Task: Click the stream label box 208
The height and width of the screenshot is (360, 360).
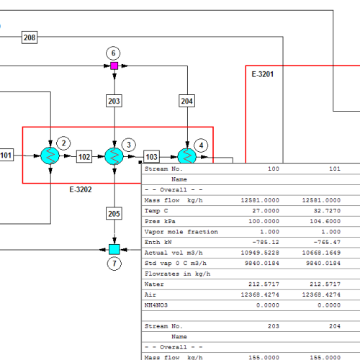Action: click(x=30, y=37)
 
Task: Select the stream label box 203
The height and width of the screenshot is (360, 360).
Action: click(x=114, y=101)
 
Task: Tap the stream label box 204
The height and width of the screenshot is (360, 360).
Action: click(x=187, y=101)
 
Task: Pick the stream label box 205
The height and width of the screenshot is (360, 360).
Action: click(x=114, y=213)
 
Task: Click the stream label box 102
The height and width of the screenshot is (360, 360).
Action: click(x=84, y=156)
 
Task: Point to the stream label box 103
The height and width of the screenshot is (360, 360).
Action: click(x=151, y=156)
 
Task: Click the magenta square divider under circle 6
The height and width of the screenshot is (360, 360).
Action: click(x=114, y=66)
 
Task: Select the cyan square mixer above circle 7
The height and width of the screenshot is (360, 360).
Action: click(x=114, y=249)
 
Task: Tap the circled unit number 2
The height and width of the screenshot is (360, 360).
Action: click(x=63, y=143)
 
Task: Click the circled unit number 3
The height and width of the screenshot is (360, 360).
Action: click(x=129, y=145)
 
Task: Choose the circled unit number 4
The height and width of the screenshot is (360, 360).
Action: click(x=201, y=145)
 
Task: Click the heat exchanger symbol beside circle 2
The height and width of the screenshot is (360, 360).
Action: click(x=50, y=156)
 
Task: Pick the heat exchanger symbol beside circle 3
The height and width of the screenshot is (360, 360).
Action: click(x=114, y=156)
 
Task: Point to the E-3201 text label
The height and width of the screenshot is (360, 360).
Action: click(x=263, y=74)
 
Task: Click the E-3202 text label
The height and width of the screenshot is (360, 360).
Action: click(x=81, y=189)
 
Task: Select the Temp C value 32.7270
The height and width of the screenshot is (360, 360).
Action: click(x=327, y=211)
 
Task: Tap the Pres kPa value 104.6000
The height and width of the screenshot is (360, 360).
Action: click(x=325, y=221)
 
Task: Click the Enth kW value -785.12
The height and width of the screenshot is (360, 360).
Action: click(x=266, y=242)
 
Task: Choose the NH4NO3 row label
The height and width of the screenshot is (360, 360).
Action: click(x=156, y=305)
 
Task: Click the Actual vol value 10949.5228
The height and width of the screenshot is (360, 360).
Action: click(x=260, y=253)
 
